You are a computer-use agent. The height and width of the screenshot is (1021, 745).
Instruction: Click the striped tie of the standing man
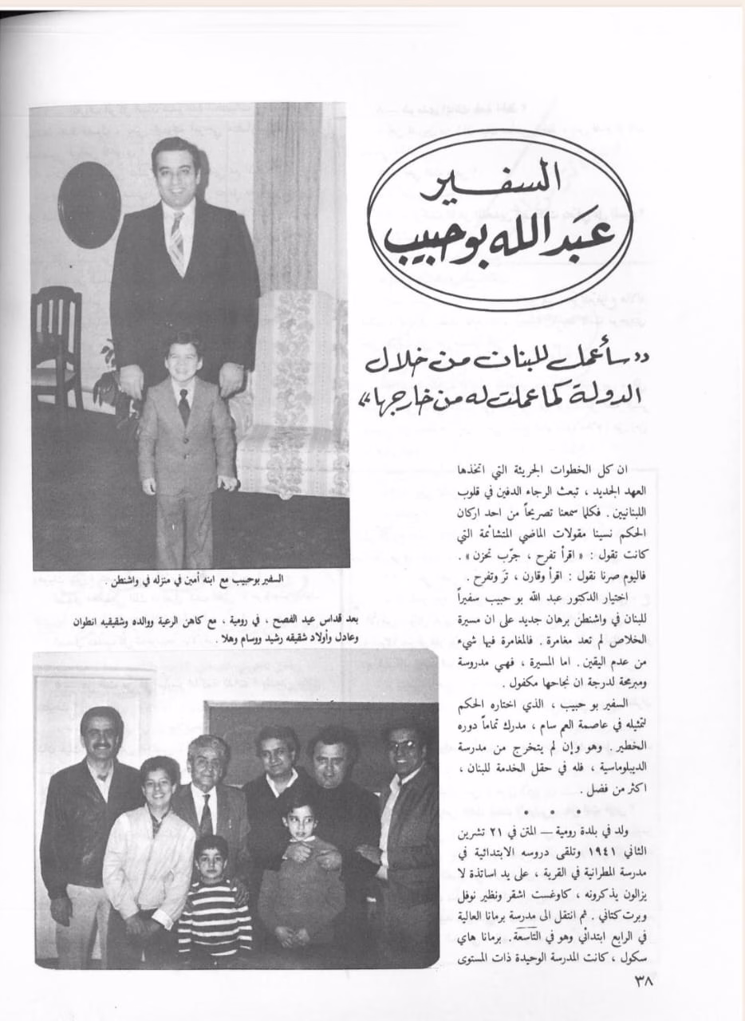176,241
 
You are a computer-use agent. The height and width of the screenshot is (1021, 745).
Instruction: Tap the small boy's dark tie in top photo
183,407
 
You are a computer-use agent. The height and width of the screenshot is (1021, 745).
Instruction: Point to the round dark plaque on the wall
89,204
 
